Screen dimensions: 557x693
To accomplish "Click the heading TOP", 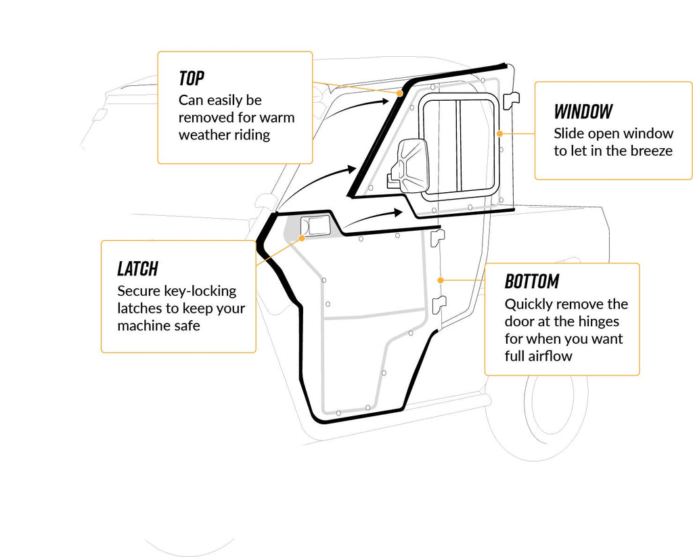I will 192,78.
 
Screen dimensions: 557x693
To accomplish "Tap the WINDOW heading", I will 583,111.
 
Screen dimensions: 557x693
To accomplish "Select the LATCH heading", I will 137,268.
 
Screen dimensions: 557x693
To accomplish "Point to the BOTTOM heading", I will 532,281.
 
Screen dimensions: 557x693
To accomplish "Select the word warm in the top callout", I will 279,117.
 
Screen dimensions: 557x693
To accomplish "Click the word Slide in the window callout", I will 568,133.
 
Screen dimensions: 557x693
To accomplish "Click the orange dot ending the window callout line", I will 499,133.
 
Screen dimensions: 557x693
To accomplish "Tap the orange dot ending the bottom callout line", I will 441,279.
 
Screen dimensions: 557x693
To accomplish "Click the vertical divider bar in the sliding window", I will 456,146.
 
